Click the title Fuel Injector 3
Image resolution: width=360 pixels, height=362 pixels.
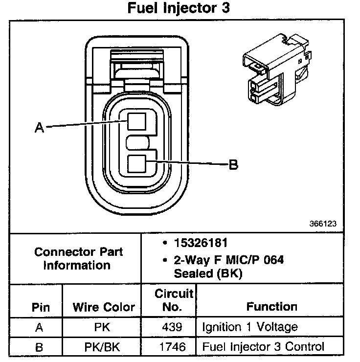[x=179, y=9]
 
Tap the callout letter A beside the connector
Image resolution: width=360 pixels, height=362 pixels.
[x=39, y=128]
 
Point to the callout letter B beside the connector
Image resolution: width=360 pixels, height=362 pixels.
[x=233, y=165]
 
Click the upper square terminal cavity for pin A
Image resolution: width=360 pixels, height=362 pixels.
[x=136, y=121]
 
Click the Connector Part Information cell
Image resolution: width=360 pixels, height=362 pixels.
[x=79, y=259]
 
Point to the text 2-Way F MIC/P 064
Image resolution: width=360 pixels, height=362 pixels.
[x=228, y=259]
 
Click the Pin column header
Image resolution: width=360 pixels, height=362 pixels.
[x=41, y=307]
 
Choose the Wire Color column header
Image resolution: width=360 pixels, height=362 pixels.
[x=104, y=307]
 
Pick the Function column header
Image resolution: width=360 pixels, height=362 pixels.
[x=271, y=307]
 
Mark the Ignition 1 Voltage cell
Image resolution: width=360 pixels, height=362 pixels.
[x=250, y=327]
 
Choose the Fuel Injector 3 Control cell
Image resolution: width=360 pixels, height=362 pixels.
[x=263, y=347]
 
